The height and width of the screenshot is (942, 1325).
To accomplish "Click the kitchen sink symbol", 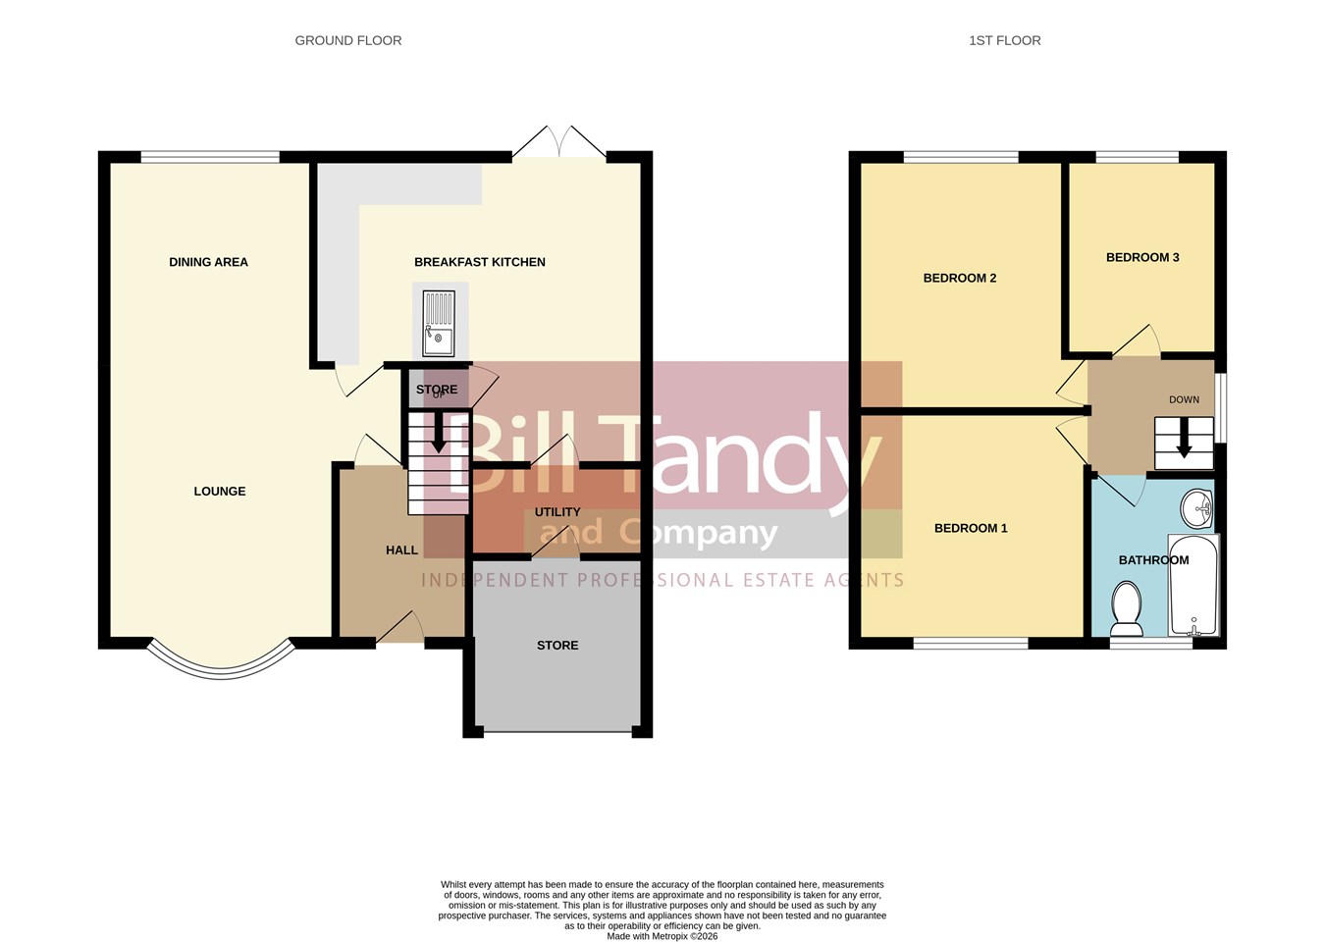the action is pyautogui.click(x=439, y=324).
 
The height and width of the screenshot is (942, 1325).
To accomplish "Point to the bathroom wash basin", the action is pyautogui.click(x=1196, y=507).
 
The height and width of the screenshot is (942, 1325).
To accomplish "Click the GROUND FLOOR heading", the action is pyautogui.click(x=348, y=41).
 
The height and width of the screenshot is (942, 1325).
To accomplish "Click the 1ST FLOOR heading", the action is pyautogui.click(x=1005, y=41).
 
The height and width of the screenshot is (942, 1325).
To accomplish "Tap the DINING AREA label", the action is pyautogui.click(x=209, y=262).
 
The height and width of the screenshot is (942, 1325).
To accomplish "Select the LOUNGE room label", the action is pyautogui.click(x=220, y=491).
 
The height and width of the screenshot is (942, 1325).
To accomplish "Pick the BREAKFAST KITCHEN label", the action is pyautogui.click(x=480, y=262).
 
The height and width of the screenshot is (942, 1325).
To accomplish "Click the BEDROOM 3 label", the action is pyautogui.click(x=1142, y=257).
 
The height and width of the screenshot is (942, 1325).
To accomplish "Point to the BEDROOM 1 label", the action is pyautogui.click(x=971, y=528).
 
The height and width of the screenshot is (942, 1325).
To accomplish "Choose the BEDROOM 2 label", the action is pyautogui.click(x=960, y=278).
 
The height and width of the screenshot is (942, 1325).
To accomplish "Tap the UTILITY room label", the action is pyautogui.click(x=557, y=512).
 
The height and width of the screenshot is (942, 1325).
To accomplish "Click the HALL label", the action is pyautogui.click(x=402, y=550).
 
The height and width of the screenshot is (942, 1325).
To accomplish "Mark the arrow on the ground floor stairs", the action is pyautogui.click(x=438, y=433).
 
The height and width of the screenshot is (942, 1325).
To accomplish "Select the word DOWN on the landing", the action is pyautogui.click(x=1185, y=399).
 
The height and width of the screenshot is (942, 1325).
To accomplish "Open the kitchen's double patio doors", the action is pyautogui.click(x=559, y=141).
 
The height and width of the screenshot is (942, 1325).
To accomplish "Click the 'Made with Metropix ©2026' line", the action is pyautogui.click(x=662, y=937).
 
